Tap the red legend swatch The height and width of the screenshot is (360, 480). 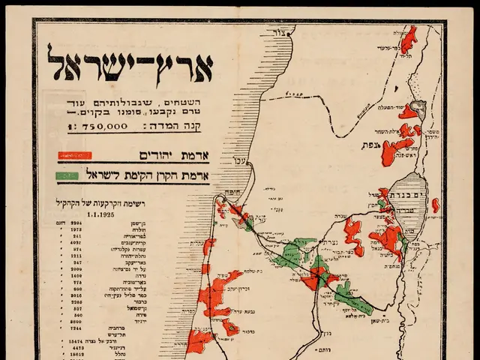tap(75, 156)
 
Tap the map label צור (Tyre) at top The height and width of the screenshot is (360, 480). tap(282, 32)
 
